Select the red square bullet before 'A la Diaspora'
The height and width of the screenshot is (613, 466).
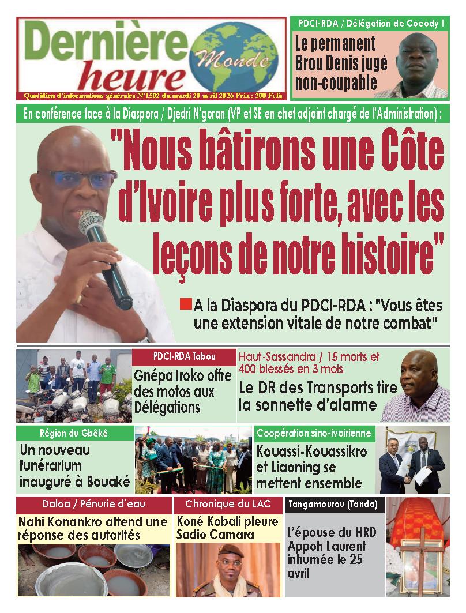185,303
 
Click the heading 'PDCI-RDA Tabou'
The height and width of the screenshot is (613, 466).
184,356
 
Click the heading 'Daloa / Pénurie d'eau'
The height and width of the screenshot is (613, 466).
93,504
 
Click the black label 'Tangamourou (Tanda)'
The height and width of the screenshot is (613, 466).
334,505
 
